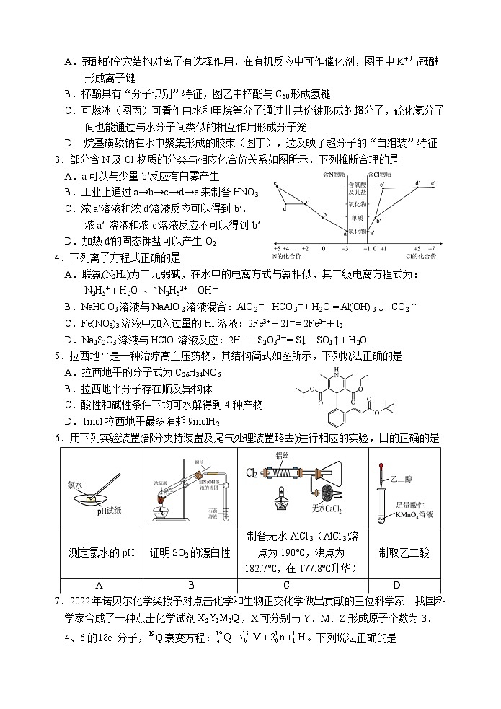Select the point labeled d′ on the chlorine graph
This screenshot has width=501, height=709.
pos(418,184)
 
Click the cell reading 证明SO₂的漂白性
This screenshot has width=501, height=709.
pos(190,552)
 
